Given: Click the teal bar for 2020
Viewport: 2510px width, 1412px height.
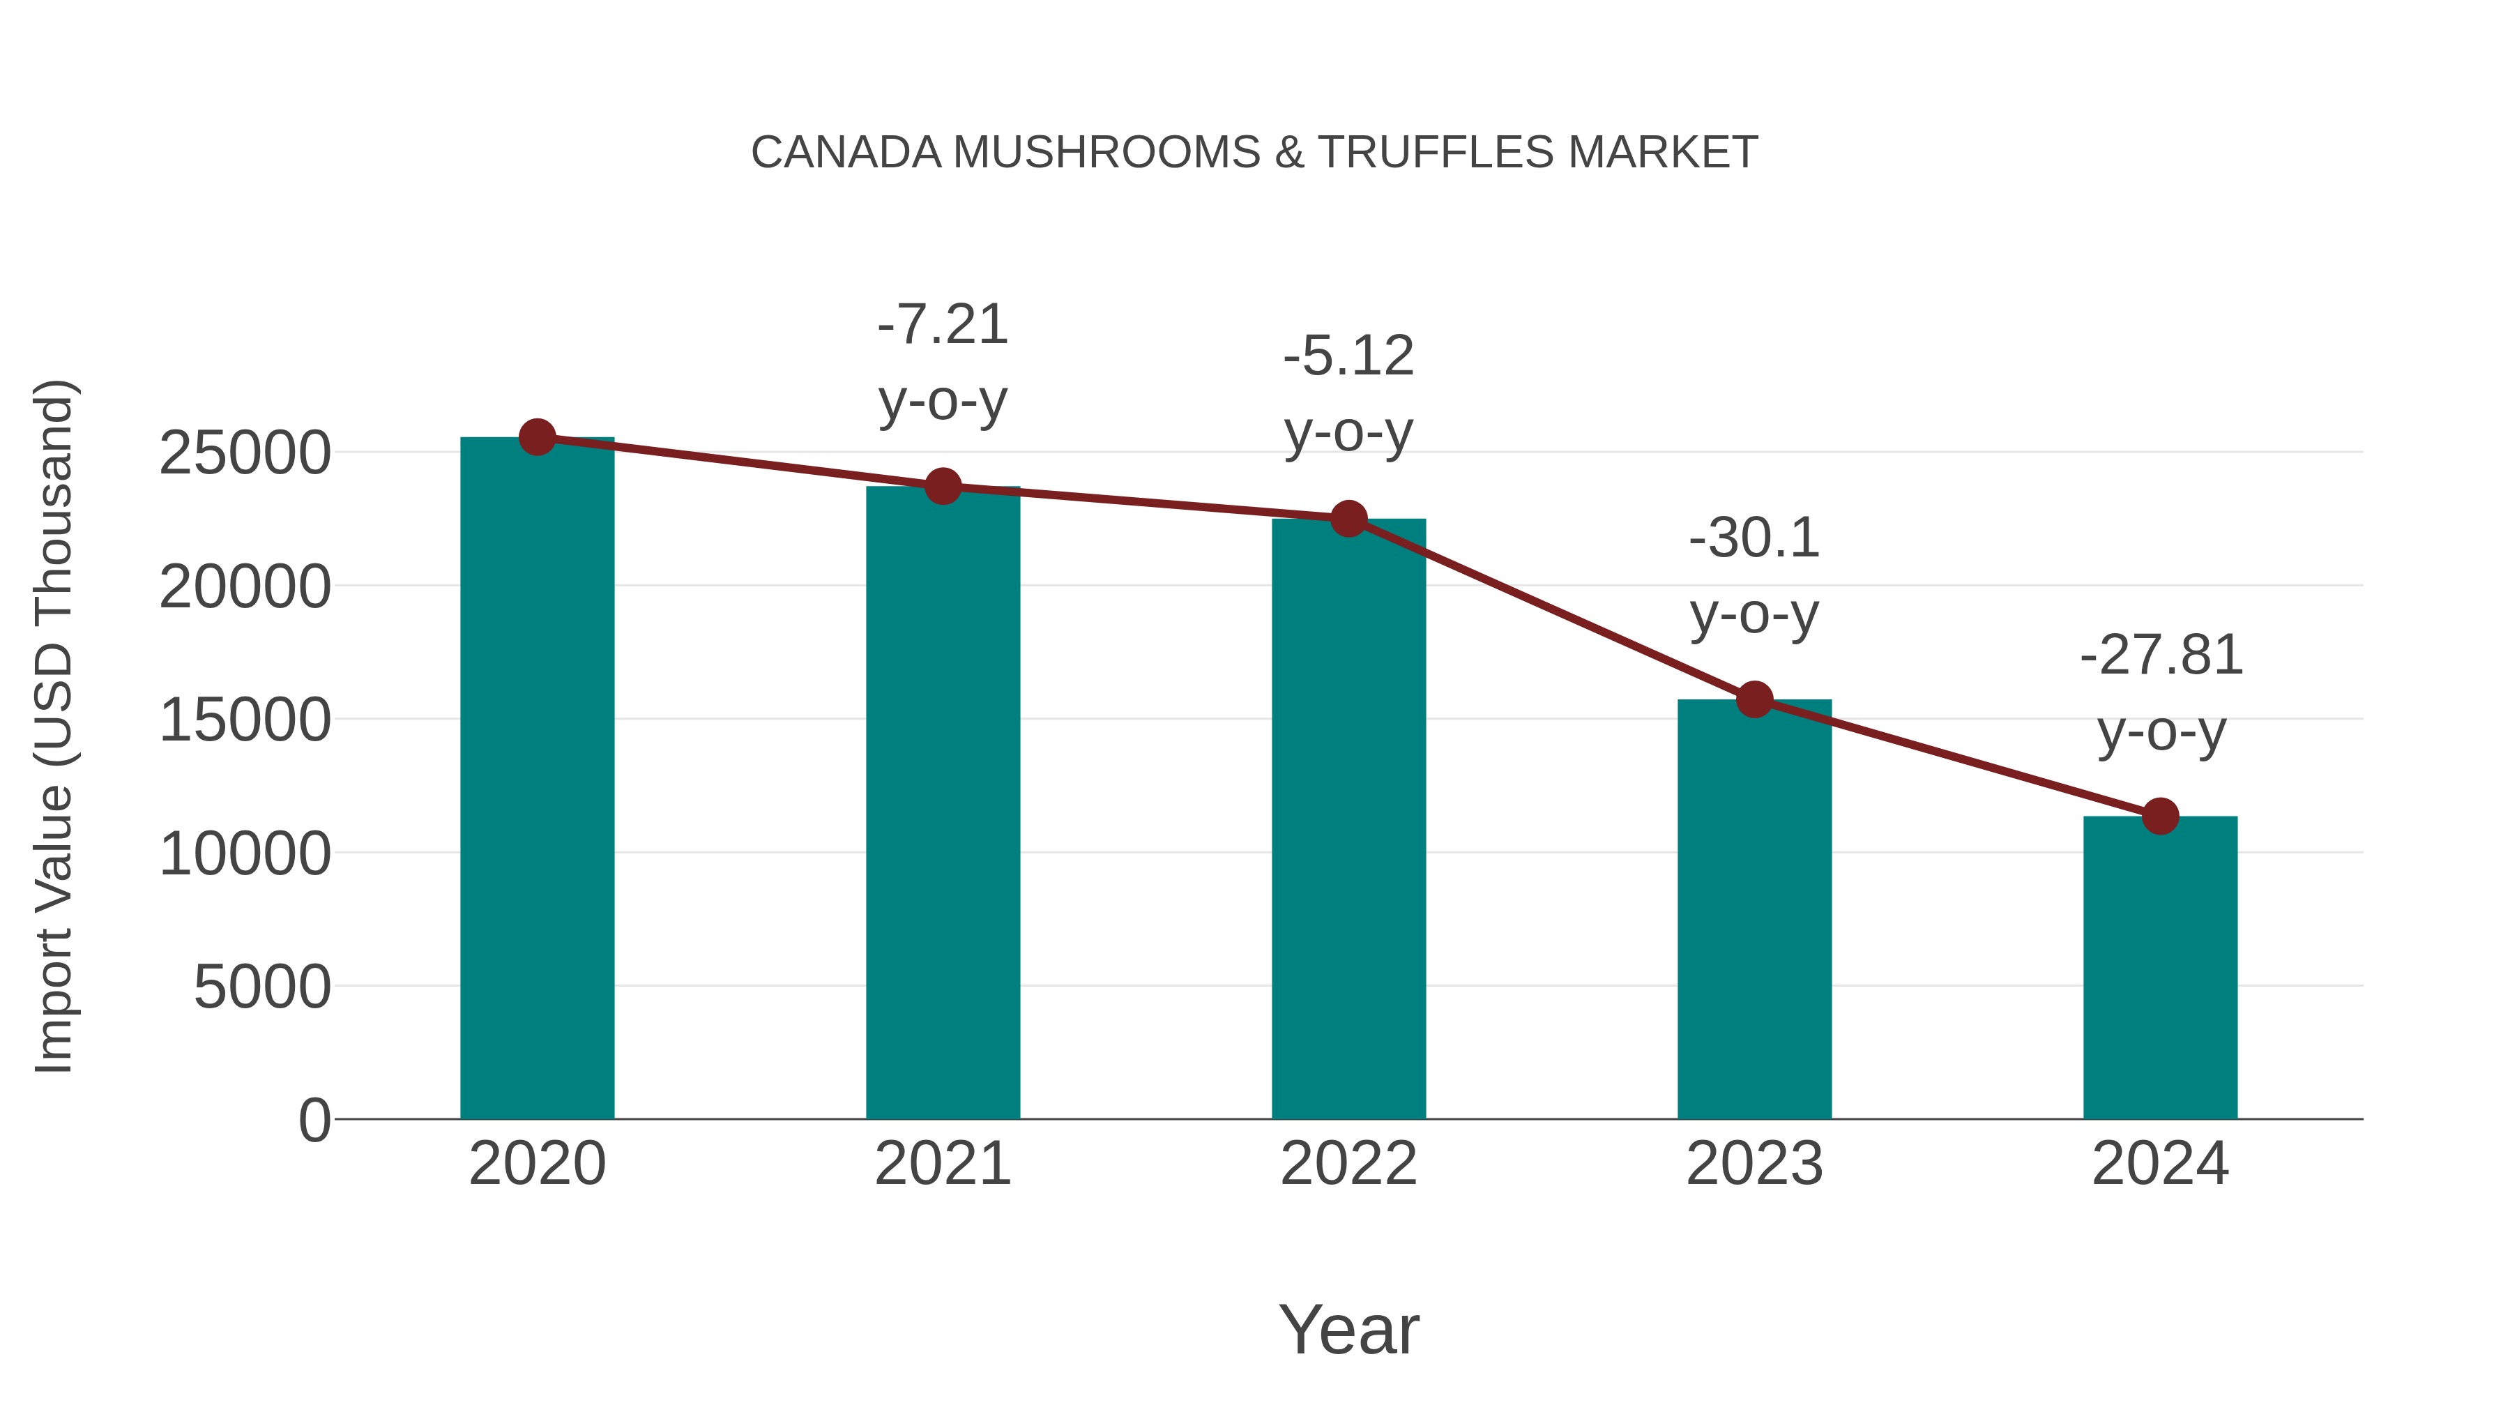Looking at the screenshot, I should pyautogui.click(x=537, y=780).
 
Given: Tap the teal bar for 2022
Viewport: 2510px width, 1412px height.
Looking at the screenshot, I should pyautogui.click(x=1348, y=819).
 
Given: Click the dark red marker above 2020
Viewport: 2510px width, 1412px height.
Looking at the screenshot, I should pyautogui.click(x=537, y=437).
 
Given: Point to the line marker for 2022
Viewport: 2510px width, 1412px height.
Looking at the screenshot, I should pyautogui.click(x=1348, y=518).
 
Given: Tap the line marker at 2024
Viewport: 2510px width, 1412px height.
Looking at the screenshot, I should pyautogui.click(x=2160, y=817).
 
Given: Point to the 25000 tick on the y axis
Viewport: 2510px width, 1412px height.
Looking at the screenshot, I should pyautogui.click(x=245, y=453).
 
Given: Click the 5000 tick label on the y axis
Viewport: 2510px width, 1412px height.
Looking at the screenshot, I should pyautogui.click(x=262, y=987).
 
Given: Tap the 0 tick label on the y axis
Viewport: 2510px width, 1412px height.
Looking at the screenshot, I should pyautogui.click(x=314, y=1121).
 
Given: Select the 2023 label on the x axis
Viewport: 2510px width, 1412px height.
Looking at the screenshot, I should pyautogui.click(x=1754, y=1164).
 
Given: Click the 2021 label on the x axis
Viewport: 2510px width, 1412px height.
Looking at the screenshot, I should pyautogui.click(x=942, y=1164).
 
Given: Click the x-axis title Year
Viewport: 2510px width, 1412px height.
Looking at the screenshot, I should pyautogui.click(x=1348, y=1329).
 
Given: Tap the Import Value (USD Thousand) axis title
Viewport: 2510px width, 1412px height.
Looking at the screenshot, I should pyautogui.click(x=54, y=726).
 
